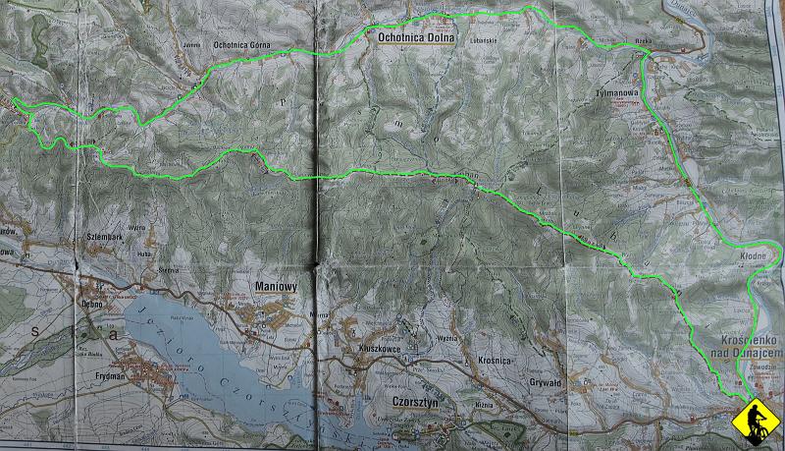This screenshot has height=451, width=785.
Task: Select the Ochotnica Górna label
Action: pyautogui.click(x=241, y=44)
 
